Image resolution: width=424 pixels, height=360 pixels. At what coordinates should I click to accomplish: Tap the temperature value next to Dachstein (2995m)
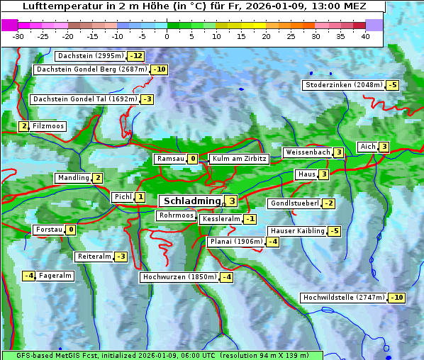(135, 56)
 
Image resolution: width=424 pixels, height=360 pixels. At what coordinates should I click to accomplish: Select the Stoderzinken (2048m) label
(343, 85)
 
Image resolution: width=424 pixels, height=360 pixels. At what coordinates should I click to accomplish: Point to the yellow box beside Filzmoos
(23, 126)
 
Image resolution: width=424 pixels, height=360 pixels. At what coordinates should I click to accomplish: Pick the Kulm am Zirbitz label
(239, 159)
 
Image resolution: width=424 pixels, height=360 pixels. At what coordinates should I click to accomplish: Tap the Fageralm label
(55, 276)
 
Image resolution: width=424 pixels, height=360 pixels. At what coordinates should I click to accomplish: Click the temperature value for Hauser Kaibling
(335, 231)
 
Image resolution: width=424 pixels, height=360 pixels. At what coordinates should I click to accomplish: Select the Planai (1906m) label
(235, 242)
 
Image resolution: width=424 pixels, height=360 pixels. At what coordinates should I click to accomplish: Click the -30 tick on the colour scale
(18, 35)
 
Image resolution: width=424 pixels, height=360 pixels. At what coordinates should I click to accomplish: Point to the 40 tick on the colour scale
(365, 35)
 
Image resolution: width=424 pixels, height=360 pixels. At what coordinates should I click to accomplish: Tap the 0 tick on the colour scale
(167, 35)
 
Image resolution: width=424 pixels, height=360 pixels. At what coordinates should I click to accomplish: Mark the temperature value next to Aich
(384, 147)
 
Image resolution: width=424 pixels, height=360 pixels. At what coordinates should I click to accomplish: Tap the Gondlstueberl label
(294, 203)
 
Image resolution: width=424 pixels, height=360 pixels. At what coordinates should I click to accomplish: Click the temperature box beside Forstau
(71, 230)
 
